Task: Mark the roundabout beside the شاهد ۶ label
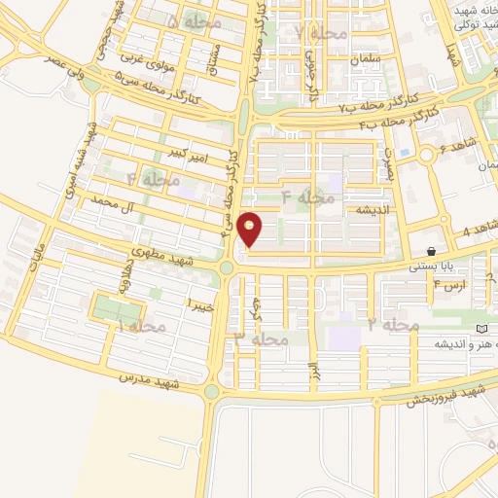tap(426, 154)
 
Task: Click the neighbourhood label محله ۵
tap(195, 19)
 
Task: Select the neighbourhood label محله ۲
tap(393, 324)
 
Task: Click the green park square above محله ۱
tap(115, 309)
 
